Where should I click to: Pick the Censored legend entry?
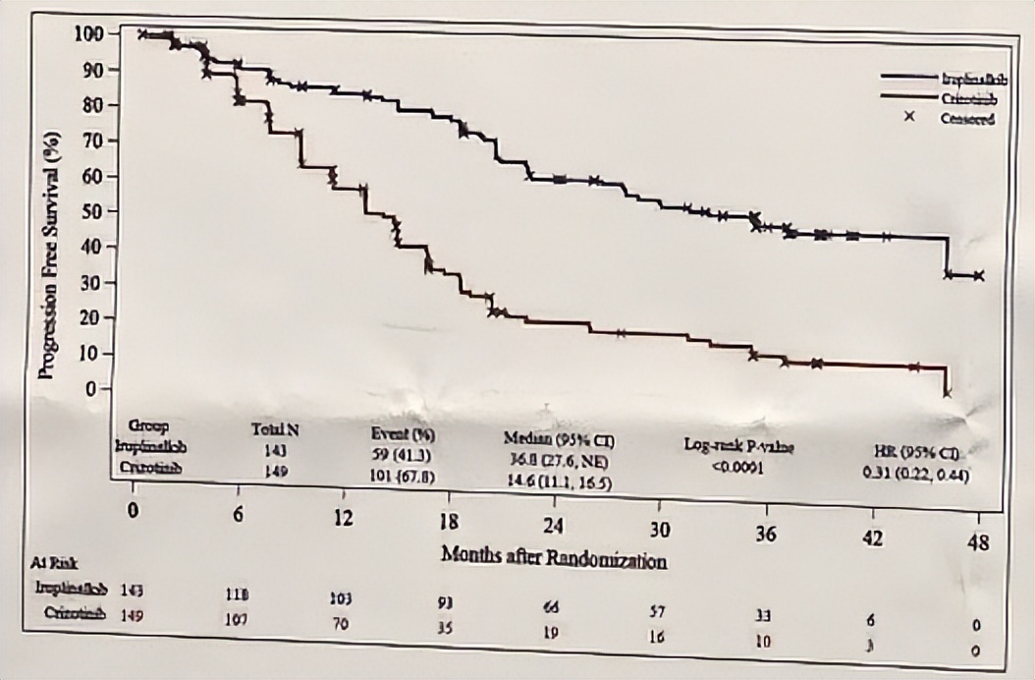[967, 119]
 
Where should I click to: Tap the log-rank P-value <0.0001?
[738, 466]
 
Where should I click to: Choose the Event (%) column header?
[403, 433]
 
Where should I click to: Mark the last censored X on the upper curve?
[977, 276]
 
